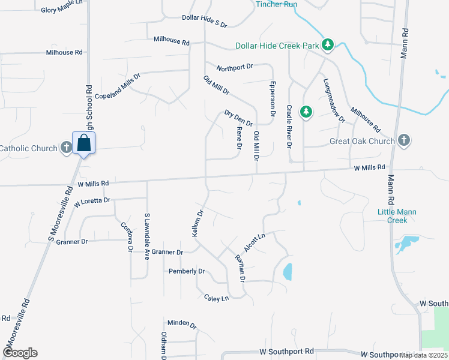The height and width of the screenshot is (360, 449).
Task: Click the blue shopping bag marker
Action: [84, 143]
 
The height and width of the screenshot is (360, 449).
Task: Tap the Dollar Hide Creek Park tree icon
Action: [328, 45]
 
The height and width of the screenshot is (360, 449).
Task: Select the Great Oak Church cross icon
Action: [404, 141]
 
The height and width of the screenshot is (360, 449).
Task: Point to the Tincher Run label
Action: [276, 4]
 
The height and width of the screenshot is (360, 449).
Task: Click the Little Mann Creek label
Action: [397, 216]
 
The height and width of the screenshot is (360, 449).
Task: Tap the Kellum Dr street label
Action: [198, 223]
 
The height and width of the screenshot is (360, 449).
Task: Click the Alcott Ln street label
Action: [254, 242]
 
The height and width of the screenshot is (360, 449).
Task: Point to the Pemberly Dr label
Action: [187, 271]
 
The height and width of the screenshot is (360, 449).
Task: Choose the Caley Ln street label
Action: [216, 298]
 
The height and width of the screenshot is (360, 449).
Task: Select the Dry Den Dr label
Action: [238, 118]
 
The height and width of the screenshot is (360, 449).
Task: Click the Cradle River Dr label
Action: [289, 127]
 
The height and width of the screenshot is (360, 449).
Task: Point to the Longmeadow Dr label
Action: [334, 100]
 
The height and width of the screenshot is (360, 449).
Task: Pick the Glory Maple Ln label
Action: [61, 10]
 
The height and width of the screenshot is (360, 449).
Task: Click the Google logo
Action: [19, 353]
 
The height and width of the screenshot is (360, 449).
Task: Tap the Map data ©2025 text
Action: [423, 355]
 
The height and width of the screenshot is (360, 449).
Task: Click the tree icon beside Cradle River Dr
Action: [306, 112]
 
